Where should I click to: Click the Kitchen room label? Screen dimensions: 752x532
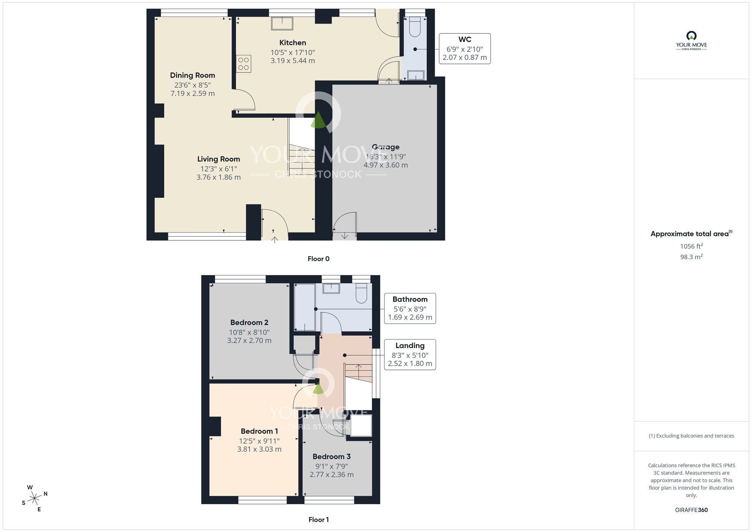(x=293, y=43)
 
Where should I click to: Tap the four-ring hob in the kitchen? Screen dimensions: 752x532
(x=244, y=64)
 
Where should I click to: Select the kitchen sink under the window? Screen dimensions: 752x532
(x=282, y=23)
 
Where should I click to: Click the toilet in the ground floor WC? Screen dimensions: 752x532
(x=415, y=26)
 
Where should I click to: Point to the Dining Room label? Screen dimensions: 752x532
(x=193, y=75)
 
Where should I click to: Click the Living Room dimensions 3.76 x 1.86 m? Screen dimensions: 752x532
(x=218, y=177)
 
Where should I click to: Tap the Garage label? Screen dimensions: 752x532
(x=385, y=147)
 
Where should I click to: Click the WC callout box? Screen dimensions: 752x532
(x=465, y=49)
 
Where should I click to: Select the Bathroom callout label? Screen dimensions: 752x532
(x=410, y=299)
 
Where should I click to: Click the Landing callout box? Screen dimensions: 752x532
(x=410, y=355)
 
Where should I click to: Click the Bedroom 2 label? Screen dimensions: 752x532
(x=249, y=322)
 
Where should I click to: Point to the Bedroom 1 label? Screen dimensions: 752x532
(x=259, y=431)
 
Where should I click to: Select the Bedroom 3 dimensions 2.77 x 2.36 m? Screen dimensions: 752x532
(x=332, y=475)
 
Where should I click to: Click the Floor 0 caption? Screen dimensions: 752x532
(x=318, y=259)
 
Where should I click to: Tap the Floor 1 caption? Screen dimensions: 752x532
(x=318, y=520)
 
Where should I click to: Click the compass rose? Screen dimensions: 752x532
(x=35, y=499)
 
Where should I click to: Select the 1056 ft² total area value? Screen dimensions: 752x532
(x=691, y=246)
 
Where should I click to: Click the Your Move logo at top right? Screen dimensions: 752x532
(x=691, y=41)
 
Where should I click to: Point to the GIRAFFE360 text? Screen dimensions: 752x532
(x=691, y=510)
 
